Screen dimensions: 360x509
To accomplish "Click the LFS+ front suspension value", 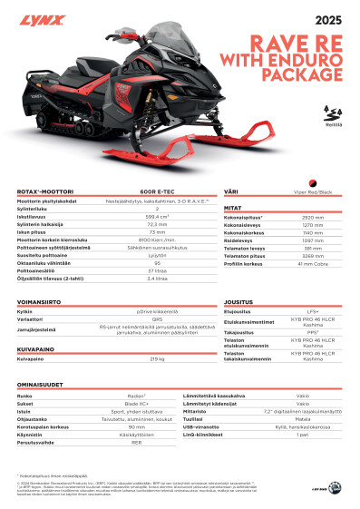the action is [x=313, y=310].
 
